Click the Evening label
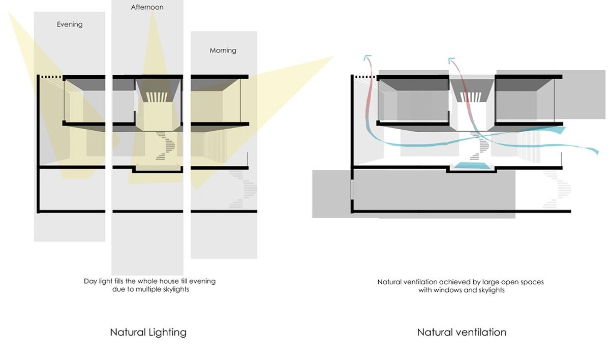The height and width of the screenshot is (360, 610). (x=70, y=24)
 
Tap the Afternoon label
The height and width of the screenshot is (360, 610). (x=147, y=8)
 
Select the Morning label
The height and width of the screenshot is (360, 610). (x=223, y=51)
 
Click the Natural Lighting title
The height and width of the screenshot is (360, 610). (x=148, y=333)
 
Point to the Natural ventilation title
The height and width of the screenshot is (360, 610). (x=462, y=333)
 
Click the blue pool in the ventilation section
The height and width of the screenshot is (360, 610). (x=471, y=166)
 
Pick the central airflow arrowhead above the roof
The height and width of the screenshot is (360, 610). (x=451, y=61)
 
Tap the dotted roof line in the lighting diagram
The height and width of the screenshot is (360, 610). (x=50, y=77)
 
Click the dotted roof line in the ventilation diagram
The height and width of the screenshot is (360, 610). (x=364, y=77)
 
